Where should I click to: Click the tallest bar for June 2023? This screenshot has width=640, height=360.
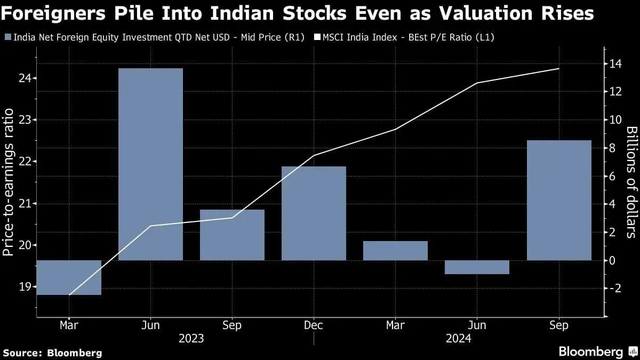pyautogui.click(x=150, y=164)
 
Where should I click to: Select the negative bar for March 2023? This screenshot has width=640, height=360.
pyautogui.click(x=69, y=277)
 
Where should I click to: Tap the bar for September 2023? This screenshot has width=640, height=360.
pyautogui.click(x=232, y=235)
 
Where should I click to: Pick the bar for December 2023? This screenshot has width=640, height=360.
pyautogui.click(x=314, y=213)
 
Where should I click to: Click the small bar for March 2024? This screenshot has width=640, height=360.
pyautogui.click(x=395, y=251)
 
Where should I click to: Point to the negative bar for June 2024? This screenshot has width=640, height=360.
pyautogui.click(x=477, y=267)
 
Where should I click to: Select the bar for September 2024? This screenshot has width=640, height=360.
pyautogui.click(x=558, y=200)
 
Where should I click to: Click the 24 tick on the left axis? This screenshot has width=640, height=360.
pyautogui.click(x=23, y=78)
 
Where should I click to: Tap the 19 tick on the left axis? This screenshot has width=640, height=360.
pyautogui.click(x=23, y=287)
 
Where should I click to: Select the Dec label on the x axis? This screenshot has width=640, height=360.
pyautogui.click(x=314, y=325)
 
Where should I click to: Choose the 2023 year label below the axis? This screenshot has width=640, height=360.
pyautogui.click(x=191, y=338)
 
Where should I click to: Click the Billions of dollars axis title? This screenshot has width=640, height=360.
pyautogui.click(x=631, y=181)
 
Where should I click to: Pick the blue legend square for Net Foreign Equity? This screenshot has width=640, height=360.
pyautogui.click(x=7, y=37)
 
